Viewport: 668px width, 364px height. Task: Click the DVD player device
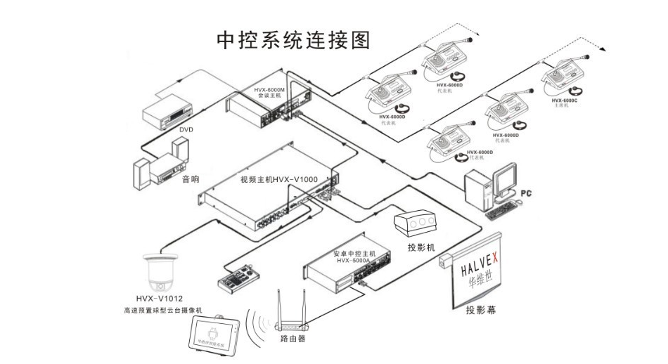[168, 110]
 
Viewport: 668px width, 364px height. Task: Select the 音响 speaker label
[191, 180]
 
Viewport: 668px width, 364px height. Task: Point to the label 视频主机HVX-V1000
[278, 180]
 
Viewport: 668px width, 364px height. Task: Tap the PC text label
[525, 192]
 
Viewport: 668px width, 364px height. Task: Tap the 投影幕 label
[480, 309]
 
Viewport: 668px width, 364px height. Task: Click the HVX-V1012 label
[160, 299]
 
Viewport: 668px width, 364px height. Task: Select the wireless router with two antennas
[293, 320]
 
